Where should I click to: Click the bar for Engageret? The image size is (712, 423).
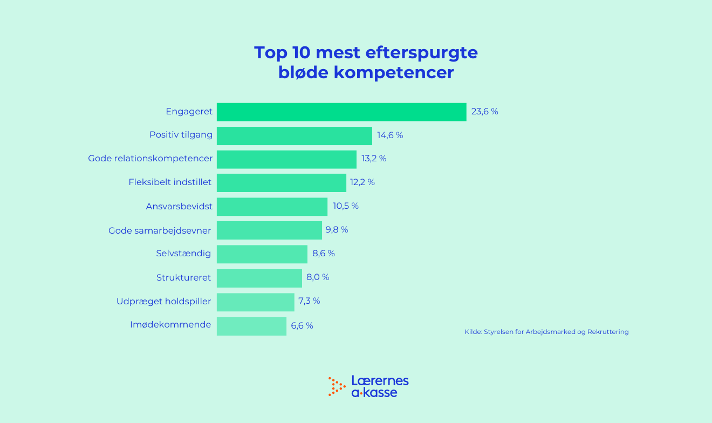pyautogui.click(x=341, y=112)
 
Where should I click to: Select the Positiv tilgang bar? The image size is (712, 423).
pyautogui.click(x=295, y=135)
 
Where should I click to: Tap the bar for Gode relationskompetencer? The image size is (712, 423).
pyautogui.click(x=286, y=159)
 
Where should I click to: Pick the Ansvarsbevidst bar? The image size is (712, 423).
pyautogui.click(x=272, y=207)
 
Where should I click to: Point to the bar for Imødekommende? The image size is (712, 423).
pyautogui.click(x=251, y=326)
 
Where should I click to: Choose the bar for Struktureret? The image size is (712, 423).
pyautogui.click(x=259, y=278)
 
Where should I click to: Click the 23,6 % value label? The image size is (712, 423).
pyautogui.click(x=484, y=112)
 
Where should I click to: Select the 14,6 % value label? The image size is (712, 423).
pyautogui.click(x=390, y=135)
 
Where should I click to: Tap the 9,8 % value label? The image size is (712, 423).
pyautogui.click(x=337, y=230)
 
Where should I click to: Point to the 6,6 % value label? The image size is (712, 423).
pyautogui.click(x=302, y=326)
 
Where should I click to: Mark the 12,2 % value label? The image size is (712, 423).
pyautogui.click(x=362, y=182)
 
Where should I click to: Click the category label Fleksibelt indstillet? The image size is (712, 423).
pyautogui.click(x=170, y=182)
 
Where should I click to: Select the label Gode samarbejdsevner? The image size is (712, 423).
pyautogui.click(x=160, y=230)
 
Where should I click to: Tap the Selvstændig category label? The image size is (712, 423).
pyautogui.click(x=183, y=254)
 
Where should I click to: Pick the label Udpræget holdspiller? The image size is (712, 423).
pyautogui.click(x=163, y=301)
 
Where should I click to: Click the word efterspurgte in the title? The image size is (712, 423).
pyautogui.click(x=421, y=53)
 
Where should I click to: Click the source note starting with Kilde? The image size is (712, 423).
pyautogui.click(x=546, y=332)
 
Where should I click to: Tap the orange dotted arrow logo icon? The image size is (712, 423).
pyautogui.click(x=337, y=386)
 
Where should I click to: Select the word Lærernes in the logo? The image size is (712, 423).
pyautogui.click(x=380, y=380)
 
